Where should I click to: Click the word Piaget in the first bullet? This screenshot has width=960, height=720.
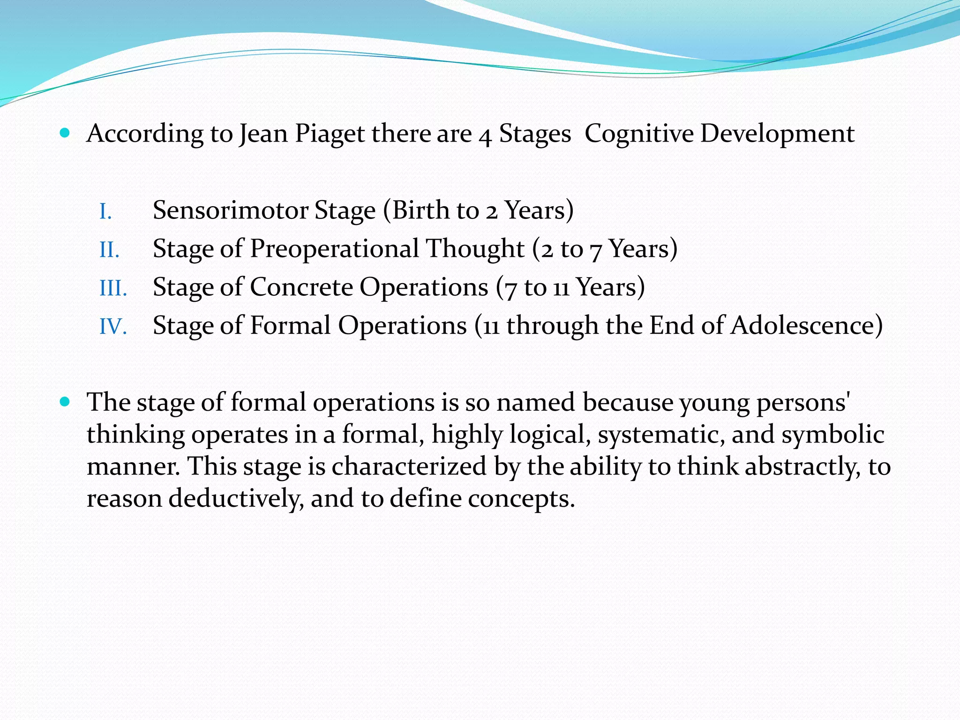(330, 134)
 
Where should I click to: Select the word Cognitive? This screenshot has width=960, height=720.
(638, 134)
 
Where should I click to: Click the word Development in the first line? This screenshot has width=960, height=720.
(777, 134)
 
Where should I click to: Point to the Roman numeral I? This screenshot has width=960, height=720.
(105, 212)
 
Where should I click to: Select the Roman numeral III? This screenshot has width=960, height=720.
(113, 288)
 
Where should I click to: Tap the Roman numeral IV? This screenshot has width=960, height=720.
(113, 327)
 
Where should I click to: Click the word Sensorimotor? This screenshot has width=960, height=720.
(230, 210)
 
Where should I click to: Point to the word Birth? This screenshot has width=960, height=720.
(420, 210)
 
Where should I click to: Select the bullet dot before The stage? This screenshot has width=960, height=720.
(65, 402)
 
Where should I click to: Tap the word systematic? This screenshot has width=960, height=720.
(661, 435)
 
